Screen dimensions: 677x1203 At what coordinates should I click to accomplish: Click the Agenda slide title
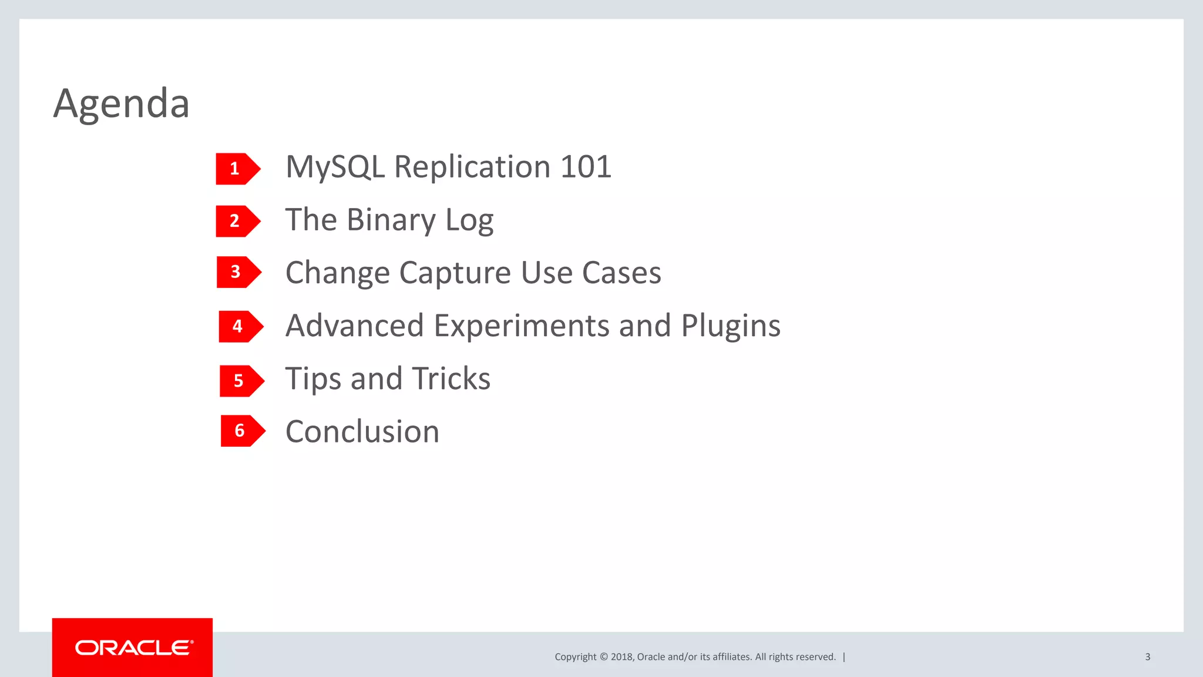pyautogui.click(x=121, y=103)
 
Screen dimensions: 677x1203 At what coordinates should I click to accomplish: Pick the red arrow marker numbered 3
pyautogui.click(x=238, y=272)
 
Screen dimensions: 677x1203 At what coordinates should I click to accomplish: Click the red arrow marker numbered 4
pyautogui.click(x=240, y=326)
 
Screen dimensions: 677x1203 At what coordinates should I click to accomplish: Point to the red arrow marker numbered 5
pyautogui.click(x=241, y=381)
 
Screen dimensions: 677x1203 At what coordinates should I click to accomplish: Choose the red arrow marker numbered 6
pyautogui.click(x=242, y=431)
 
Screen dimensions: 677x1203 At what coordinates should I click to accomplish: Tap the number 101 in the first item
pyautogui.click(x=586, y=167)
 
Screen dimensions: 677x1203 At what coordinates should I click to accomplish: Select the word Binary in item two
pyautogui.click(x=391, y=220)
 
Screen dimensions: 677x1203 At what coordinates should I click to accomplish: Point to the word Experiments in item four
pyautogui.click(x=521, y=326)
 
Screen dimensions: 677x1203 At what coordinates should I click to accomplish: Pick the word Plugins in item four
pyautogui.click(x=731, y=326)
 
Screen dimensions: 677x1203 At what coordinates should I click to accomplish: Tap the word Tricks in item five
pyautogui.click(x=451, y=378)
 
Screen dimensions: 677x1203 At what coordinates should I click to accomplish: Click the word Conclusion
pyautogui.click(x=362, y=432)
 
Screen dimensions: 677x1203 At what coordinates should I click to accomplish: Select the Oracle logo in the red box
pyautogui.click(x=133, y=648)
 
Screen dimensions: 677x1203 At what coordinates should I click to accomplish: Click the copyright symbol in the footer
pyautogui.click(x=603, y=657)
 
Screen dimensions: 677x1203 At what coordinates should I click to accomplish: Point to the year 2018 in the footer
pyautogui.click(x=621, y=657)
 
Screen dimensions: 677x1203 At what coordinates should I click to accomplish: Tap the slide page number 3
pyautogui.click(x=1147, y=657)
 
